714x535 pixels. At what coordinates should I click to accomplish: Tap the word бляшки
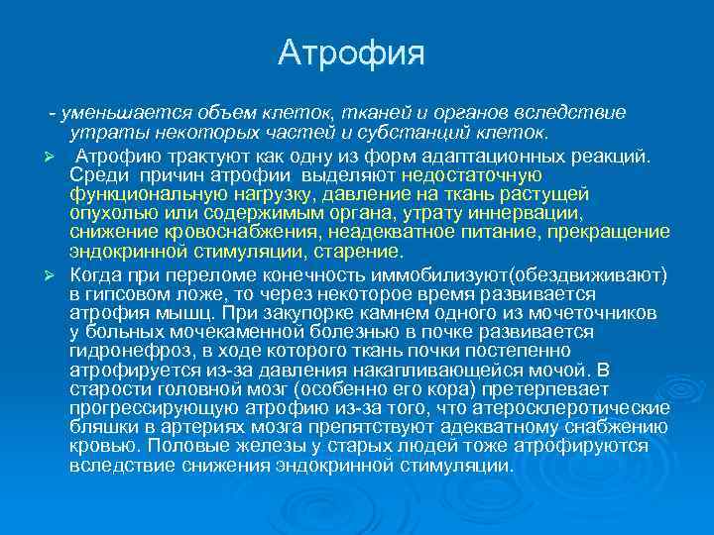(x=102, y=428)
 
